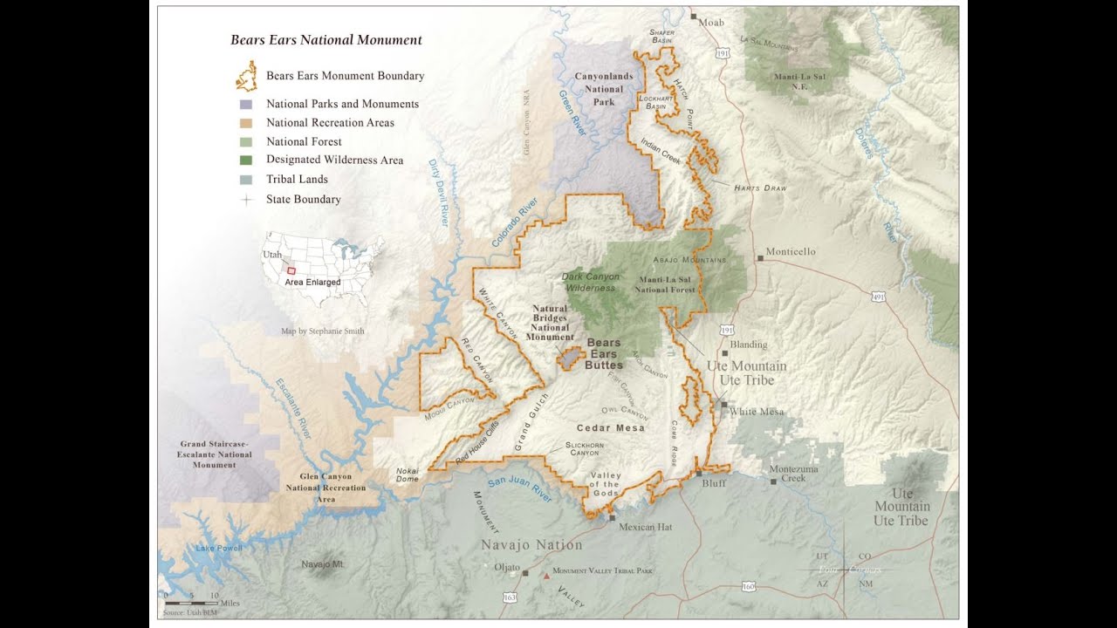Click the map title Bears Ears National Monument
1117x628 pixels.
[x=326, y=40]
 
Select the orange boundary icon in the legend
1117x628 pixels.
[x=246, y=77]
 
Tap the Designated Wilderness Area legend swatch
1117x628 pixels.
[x=246, y=160]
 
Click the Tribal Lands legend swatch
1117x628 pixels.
[x=246, y=180]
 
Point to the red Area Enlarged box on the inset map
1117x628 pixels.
[x=291, y=271]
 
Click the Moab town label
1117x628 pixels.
[x=711, y=21]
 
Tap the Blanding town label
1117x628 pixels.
[x=749, y=345]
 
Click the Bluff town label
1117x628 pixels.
[x=713, y=482]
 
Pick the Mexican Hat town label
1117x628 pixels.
[x=645, y=527]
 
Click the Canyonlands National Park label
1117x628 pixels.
[x=604, y=89]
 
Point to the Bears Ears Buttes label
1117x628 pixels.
[x=604, y=354]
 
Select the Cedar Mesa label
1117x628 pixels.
[x=610, y=428]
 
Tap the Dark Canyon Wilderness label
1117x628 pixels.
[x=591, y=282]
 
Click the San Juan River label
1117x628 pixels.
[x=519, y=489]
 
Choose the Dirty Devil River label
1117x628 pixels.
[x=438, y=194]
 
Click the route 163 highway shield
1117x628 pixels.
[x=509, y=597]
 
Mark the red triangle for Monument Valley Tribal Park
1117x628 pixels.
[x=546, y=575]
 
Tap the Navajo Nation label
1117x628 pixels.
[x=531, y=545]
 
